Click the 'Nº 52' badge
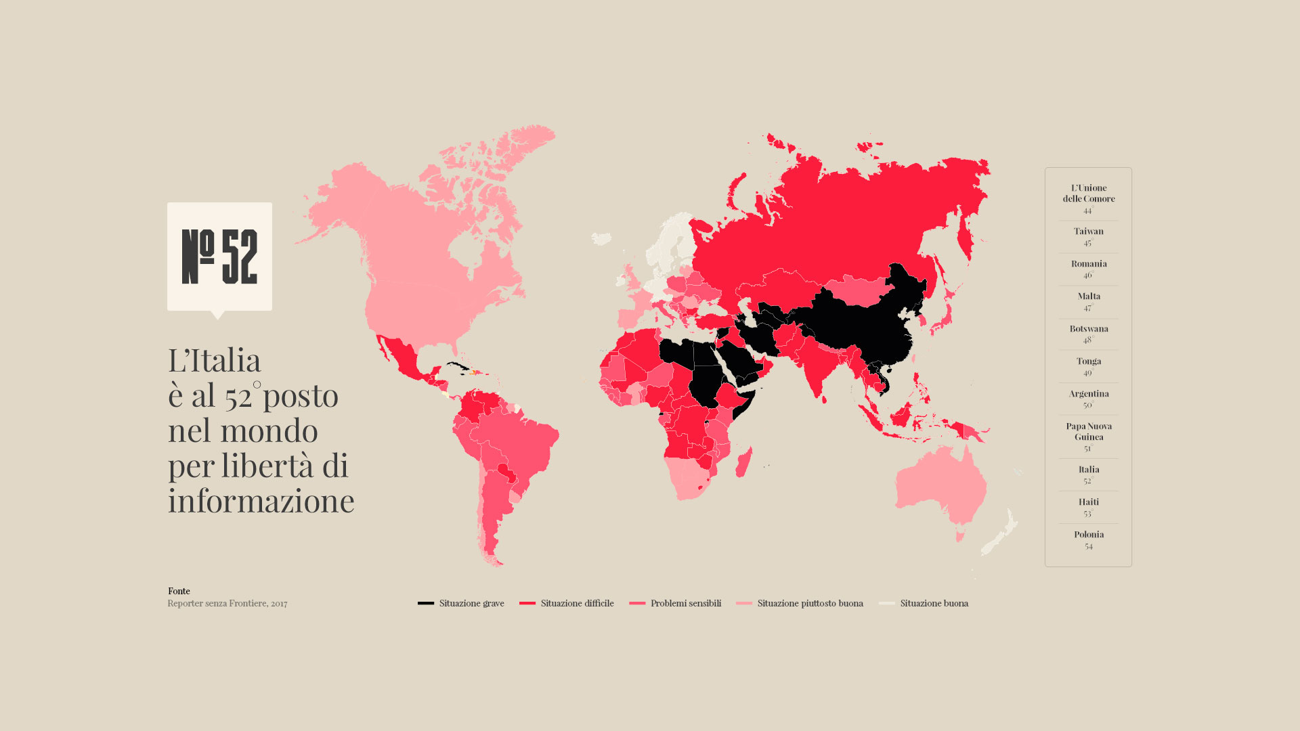point(219,257)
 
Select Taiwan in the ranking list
point(1088,236)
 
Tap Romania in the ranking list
point(1088,269)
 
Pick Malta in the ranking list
point(1088,301)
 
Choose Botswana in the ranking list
point(1088,334)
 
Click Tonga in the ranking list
point(1088,366)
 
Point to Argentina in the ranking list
point(1088,399)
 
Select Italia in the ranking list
point(1088,474)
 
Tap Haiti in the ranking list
point(1088,507)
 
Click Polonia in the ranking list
point(1088,539)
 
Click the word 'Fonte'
point(179,591)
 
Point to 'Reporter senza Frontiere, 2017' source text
point(227,603)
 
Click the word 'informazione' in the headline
point(261,501)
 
